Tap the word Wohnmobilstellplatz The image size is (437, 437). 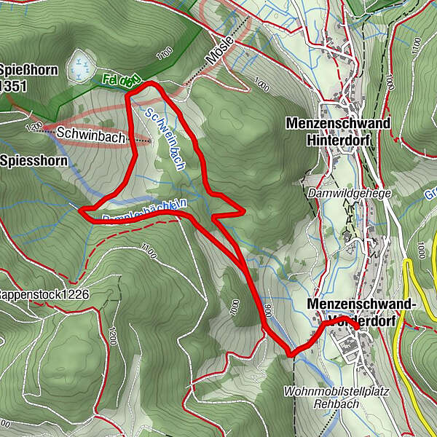pyautogui.click(x=336, y=392)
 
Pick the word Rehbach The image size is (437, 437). pyautogui.click(x=337, y=404)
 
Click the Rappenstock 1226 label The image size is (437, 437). pyautogui.click(x=44, y=294)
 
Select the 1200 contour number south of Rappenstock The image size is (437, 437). pyautogui.click(x=112, y=336)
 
